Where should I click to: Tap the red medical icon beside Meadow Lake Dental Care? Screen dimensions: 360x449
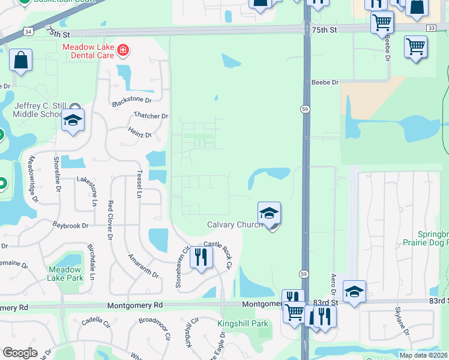coord(122,50)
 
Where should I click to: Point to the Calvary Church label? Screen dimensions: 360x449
coord(235,224)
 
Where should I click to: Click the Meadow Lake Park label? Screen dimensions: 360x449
coord(66,274)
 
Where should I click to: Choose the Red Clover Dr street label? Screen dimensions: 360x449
coord(110,220)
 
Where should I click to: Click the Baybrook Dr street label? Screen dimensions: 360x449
coord(70,226)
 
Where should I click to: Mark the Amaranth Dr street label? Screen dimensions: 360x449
coord(143,266)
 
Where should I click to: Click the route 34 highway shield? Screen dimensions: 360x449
coord(29,30)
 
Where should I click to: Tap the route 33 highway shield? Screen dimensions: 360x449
coord(431,28)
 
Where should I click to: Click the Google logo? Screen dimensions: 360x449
coord(20,353)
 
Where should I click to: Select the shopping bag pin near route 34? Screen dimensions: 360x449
coord(20,61)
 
